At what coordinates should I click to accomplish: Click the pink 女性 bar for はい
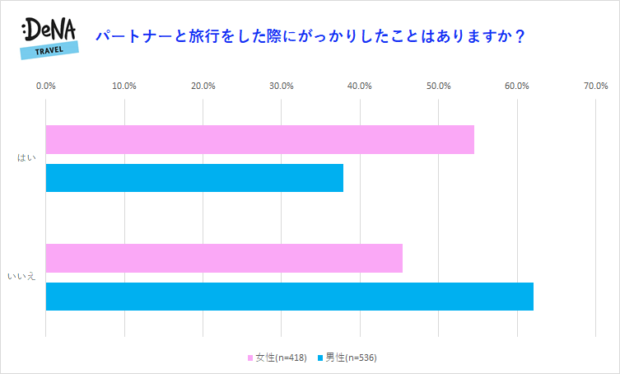tap(259, 139)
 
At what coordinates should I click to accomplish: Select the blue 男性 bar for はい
tap(194, 178)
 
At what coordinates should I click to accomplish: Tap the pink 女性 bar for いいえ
tap(224, 258)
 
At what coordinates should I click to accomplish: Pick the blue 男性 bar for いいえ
tap(289, 297)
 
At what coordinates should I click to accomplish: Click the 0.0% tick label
tap(46, 86)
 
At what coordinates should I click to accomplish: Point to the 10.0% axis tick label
tap(124, 86)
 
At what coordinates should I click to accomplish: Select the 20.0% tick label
tap(203, 86)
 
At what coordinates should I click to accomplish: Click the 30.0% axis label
tap(282, 86)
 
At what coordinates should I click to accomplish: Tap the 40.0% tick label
tap(360, 86)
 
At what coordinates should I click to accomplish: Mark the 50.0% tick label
tap(438, 86)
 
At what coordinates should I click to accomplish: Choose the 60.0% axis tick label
tap(517, 86)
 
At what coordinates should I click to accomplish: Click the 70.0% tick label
tap(595, 86)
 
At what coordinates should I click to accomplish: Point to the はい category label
tap(27, 158)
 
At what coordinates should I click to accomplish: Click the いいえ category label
tap(21, 277)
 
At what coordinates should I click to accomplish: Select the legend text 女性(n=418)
tap(281, 358)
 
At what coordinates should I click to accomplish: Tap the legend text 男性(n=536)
tap(351, 358)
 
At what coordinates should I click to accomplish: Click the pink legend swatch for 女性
tap(250, 358)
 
